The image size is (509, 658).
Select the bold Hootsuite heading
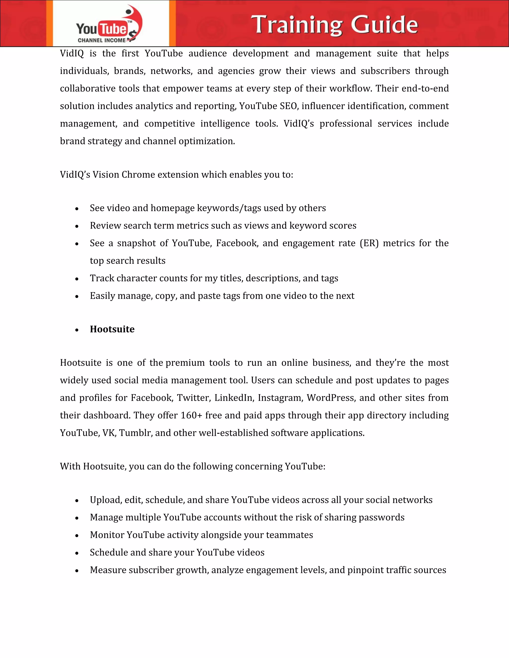point(112,329)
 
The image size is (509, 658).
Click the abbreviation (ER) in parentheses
point(369,243)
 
